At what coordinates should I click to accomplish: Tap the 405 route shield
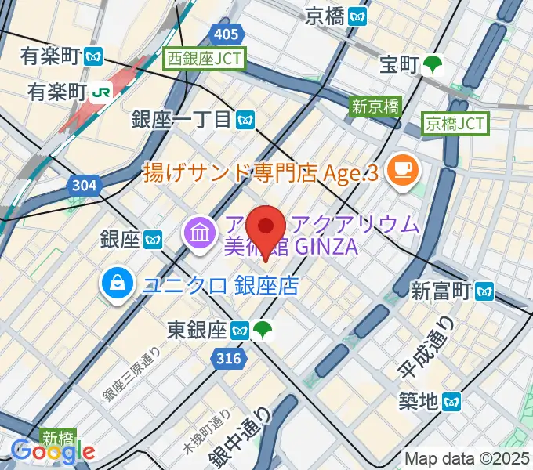pos(226,34)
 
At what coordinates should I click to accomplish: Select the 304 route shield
pos(82,186)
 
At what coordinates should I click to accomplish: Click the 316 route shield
pos(226,358)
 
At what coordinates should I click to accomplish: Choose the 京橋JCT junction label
pos(455,123)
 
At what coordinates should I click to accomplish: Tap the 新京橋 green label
pos(375,107)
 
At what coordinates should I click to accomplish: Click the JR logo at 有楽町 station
pos(102,91)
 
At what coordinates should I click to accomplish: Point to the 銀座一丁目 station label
pos(182,119)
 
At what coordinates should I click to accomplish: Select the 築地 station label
pos(418,402)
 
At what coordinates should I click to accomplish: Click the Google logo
pos(53,451)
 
